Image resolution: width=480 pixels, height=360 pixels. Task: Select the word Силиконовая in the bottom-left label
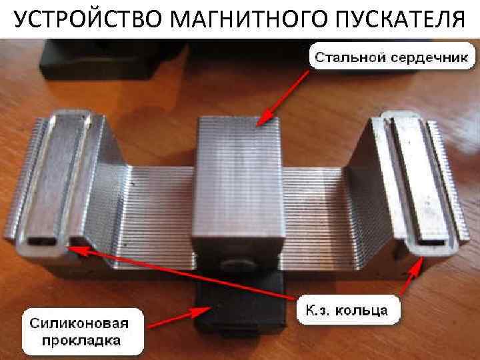(79, 323)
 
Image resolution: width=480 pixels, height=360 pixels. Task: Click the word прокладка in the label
(81, 341)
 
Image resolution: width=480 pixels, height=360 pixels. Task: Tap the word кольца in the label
(361, 311)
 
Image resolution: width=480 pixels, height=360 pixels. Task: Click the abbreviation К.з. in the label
(319, 311)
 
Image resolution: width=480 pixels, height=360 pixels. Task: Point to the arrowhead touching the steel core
(264, 117)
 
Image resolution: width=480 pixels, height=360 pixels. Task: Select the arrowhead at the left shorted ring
(77, 250)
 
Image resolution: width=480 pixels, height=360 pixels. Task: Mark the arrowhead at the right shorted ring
(417, 266)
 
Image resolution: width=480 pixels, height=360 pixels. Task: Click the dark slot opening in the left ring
(42, 241)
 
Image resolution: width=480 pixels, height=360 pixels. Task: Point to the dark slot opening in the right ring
(431, 243)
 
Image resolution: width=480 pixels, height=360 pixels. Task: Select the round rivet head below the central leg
(238, 264)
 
